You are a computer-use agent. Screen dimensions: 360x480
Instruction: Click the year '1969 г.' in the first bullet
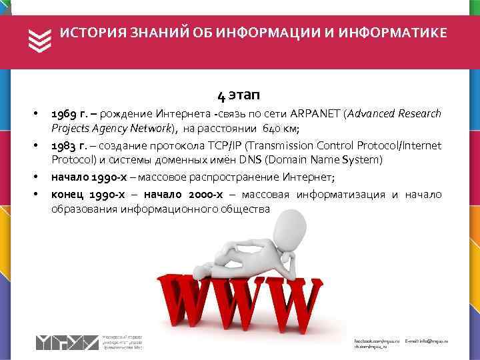click(x=71, y=113)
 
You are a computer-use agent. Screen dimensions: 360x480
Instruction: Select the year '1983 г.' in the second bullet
click(x=71, y=146)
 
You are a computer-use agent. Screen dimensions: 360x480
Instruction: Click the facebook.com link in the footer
click(x=375, y=341)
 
